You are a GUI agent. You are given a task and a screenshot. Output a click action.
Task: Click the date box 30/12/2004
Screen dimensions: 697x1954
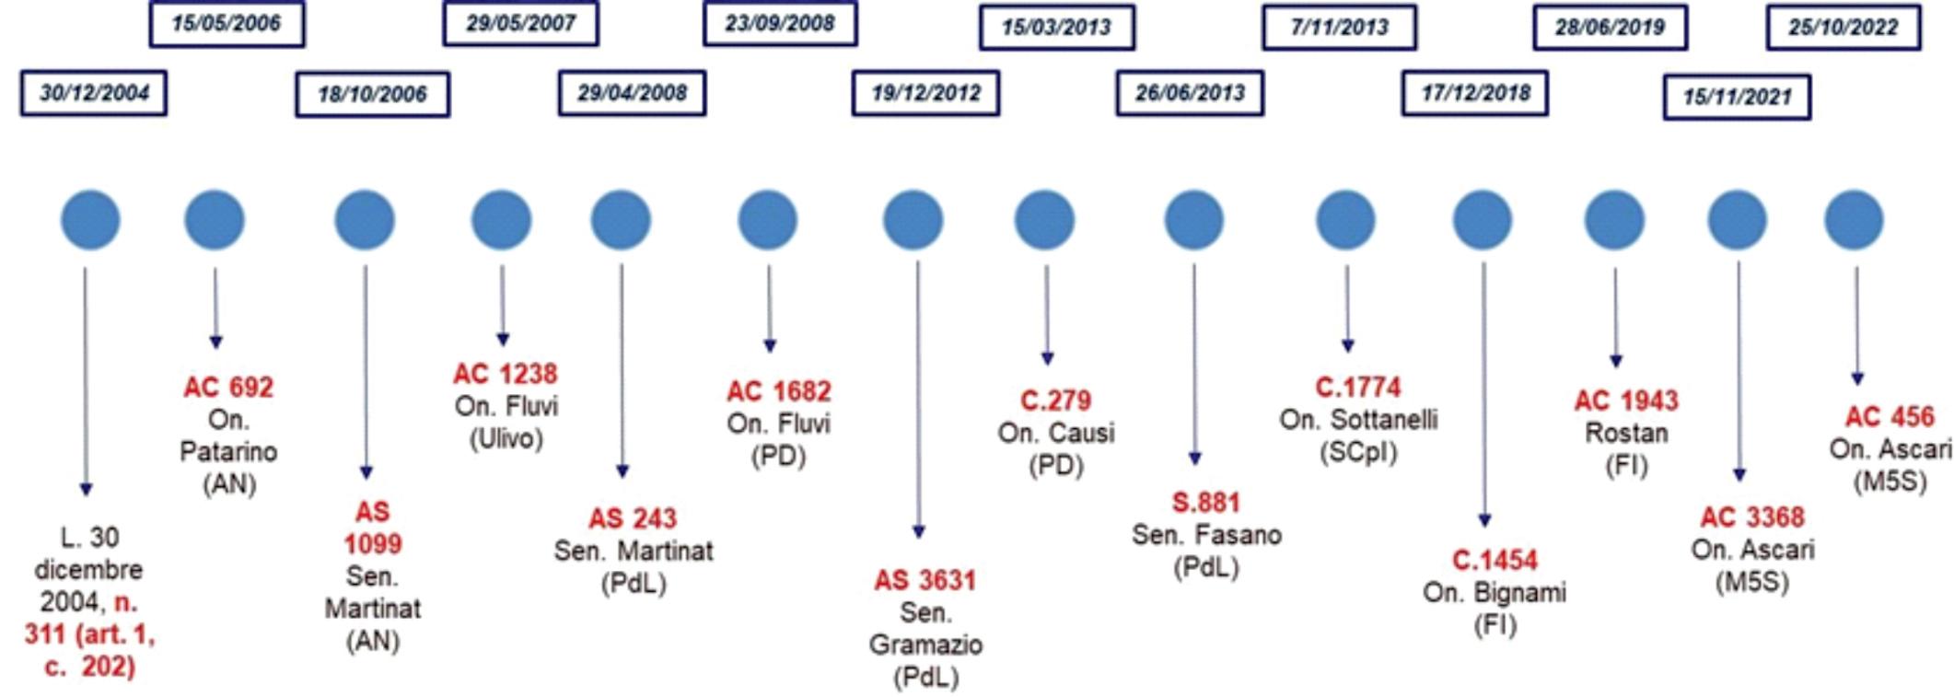coord(94,93)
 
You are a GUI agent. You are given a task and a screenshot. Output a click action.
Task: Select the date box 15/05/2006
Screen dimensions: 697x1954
coord(227,24)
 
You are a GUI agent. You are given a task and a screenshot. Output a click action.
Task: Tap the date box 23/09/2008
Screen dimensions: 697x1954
coord(780,24)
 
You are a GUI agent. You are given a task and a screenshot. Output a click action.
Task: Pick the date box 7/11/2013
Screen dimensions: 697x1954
coord(1339,28)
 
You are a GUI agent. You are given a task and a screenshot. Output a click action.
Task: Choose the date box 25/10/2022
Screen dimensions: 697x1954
coord(1844,28)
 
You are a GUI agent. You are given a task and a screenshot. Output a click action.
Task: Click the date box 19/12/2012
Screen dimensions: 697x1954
coord(925,93)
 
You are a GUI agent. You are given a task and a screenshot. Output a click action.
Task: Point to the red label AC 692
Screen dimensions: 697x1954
coord(228,388)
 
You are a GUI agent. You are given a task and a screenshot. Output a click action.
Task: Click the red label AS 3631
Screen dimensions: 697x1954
coord(925,581)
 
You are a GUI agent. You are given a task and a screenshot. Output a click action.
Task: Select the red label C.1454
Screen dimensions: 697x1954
coord(1495,561)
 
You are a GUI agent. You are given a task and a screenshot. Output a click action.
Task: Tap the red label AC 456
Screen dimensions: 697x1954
coord(1889,417)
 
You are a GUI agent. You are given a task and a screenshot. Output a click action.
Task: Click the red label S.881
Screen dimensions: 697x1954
coord(1205,503)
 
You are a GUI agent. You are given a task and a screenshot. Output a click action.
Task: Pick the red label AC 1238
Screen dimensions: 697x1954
coord(505,375)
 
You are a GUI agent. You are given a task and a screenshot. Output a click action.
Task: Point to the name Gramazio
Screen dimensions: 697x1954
coord(925,645)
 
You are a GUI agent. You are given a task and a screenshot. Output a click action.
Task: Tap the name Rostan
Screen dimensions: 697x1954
coord(1626,433)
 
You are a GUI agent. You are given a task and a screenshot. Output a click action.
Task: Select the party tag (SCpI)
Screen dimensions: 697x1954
coord(1358,452)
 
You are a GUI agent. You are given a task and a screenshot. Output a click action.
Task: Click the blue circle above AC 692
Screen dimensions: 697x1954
coord(215,221)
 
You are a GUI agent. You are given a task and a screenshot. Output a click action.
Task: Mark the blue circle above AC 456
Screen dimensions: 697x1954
coord(1854,221)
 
